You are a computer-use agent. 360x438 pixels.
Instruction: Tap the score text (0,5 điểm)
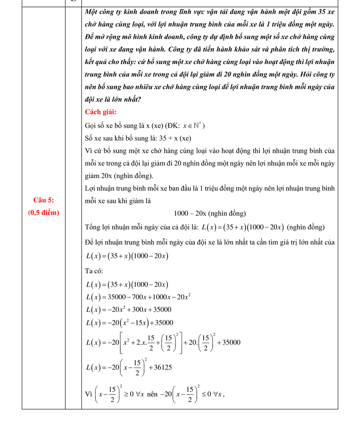click(43, 213)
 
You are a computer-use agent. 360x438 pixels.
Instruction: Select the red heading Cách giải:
click(101, 112)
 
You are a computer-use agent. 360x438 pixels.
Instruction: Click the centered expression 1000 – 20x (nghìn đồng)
click(210, 213)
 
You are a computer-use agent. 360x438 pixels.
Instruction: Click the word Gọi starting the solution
click(92, 125)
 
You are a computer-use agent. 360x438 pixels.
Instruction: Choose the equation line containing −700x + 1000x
click(138, 297)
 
